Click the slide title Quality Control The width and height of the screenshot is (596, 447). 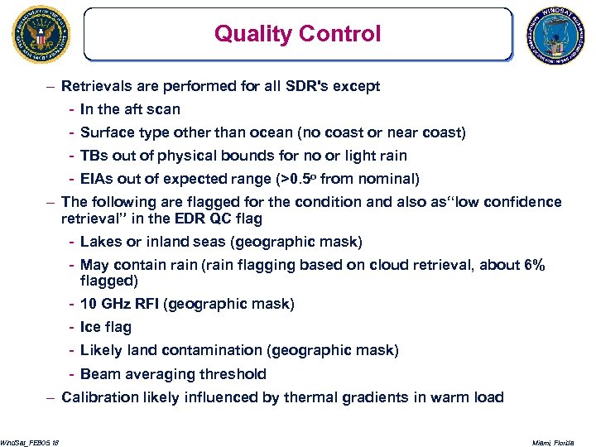click(297, 34)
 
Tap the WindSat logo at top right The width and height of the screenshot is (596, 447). click(555, 35)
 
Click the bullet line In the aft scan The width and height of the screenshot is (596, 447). click(130, 109)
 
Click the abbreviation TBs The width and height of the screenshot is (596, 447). click(94, 156)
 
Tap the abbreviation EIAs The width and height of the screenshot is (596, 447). click(96, 179)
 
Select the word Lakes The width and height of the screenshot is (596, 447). click(100, 242)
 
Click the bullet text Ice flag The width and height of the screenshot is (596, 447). click(106, 327)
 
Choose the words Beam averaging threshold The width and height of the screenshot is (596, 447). click(173, 374)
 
